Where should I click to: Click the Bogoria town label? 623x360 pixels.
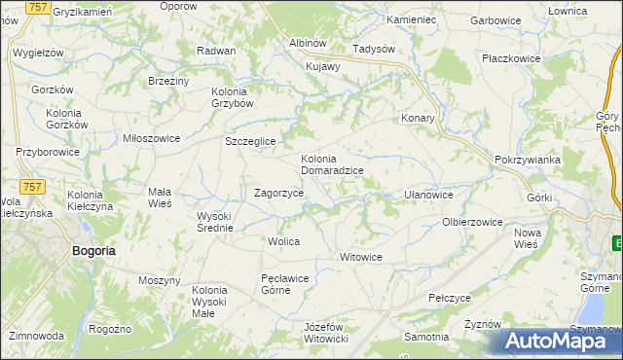coord(94,250)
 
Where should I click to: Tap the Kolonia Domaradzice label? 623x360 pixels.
coord(332,164)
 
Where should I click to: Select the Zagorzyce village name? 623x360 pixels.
coord(279,193)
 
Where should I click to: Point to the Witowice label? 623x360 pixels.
coord(360,257)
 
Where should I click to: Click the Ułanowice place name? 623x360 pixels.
coord(428,195)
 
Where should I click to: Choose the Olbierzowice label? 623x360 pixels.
coord(472,222)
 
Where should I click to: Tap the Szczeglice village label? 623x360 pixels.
coord(251,141)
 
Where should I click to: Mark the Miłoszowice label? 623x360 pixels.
coord(151,138)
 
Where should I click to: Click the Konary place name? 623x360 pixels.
coord(418,118)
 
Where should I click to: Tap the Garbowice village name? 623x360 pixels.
coord(494,19)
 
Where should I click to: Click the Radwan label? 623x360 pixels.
coord(216,51)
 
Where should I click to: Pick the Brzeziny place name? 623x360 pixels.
coord(167,81)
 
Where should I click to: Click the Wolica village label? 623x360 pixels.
coord(283,240)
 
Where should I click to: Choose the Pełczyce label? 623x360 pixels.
coord(450,297)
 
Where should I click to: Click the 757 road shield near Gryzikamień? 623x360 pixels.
coord(38,8)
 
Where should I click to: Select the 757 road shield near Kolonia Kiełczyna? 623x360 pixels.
coord(32,186)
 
